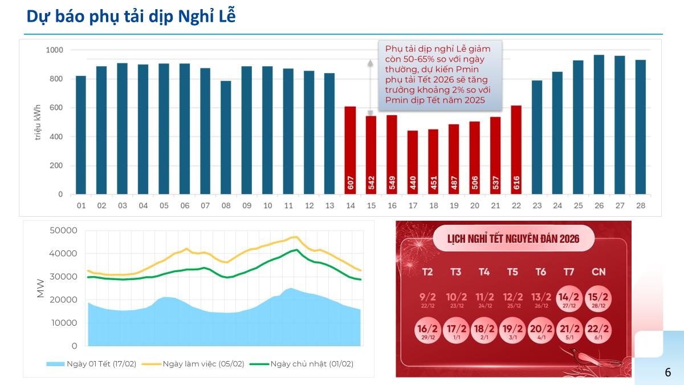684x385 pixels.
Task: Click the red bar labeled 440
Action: pos(412,163)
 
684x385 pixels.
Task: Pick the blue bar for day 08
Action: pos(226,137)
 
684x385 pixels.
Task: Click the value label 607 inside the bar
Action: pos(350,183)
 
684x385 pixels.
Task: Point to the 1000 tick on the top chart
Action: pos(54,50)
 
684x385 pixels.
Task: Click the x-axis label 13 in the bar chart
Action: pos(329,205)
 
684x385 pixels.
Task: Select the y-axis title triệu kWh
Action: pos(38,122)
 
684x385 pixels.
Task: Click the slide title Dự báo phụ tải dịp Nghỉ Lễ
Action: pos(131,17)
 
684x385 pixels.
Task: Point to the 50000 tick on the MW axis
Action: pos(63,230)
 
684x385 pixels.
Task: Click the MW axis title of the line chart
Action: pos(40,288)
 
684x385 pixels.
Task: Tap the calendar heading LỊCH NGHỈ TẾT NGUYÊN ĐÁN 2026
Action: pos(513,238)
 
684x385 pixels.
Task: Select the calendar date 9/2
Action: pos(427,299)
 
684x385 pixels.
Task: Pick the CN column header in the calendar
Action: pos(598,272)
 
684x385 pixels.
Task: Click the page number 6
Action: pos(667,372)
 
